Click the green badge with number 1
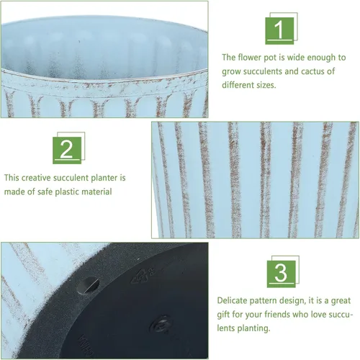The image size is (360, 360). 279,31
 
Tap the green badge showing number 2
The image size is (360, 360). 67,150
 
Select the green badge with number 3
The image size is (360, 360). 282,274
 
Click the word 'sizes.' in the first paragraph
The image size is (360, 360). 264,85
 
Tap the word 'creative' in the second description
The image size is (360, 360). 36,178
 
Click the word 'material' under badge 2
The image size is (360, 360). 96,192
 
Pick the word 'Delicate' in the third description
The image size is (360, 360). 232,300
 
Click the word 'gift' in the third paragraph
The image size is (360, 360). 223,315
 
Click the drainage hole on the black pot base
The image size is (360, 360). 88,286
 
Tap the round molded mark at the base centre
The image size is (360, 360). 161,324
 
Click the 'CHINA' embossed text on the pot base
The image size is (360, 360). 86,346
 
